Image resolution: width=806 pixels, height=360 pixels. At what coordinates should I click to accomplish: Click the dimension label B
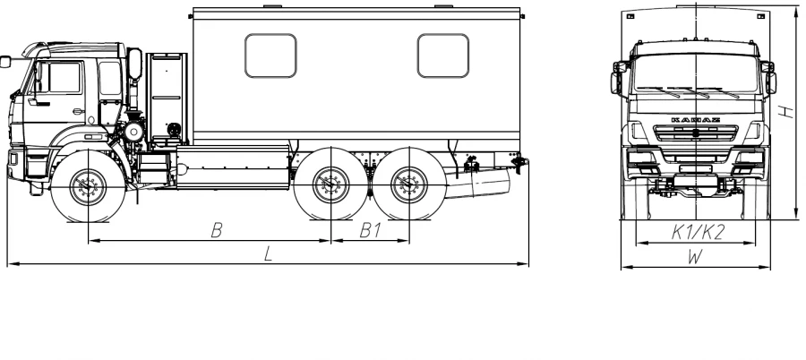pos(217,230)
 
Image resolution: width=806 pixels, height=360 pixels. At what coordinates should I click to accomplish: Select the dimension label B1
pos(370,230)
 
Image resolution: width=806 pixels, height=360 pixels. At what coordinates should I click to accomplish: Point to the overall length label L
pos(268,253)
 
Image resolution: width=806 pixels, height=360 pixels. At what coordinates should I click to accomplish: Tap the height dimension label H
pos(786,111)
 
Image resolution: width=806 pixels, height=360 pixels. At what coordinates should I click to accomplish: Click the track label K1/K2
pos(698,233)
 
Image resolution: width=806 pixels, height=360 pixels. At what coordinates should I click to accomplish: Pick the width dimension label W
pos(694,257)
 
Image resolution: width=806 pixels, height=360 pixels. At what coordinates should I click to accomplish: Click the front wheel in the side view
pos(89,185)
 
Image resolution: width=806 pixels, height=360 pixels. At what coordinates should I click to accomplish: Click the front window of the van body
pos(270,56)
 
